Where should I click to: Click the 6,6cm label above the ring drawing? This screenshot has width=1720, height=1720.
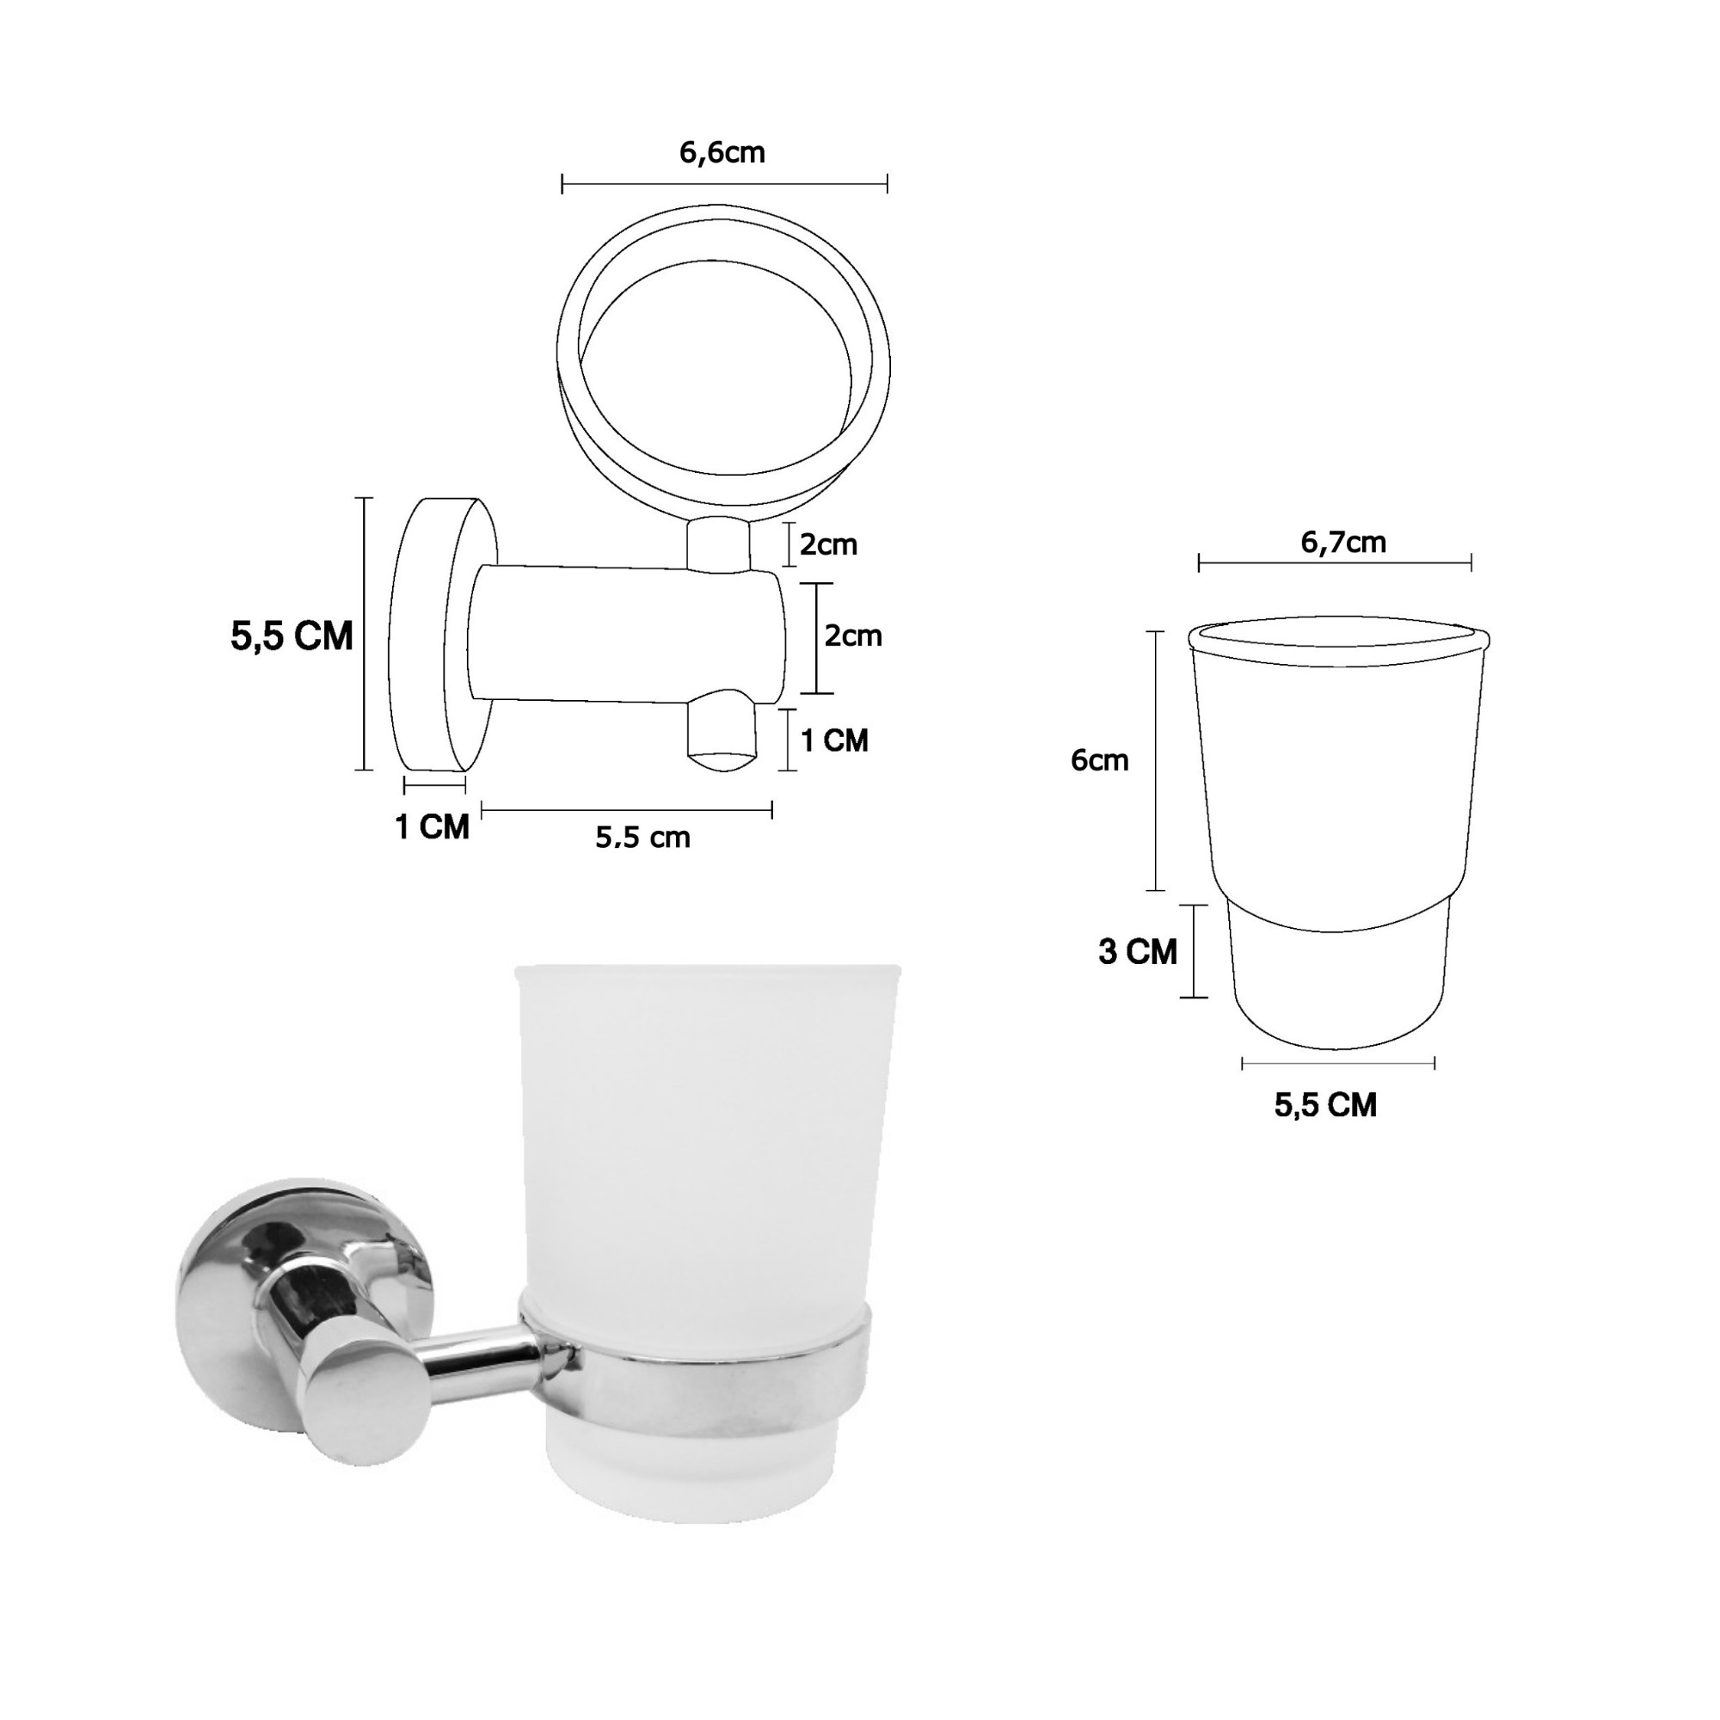[x=722, y=153]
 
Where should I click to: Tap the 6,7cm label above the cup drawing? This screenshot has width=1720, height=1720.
[x=1343, y=542]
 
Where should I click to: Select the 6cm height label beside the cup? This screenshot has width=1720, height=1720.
[x=1099, y=760]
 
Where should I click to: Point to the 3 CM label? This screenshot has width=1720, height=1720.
[x=1138, y=952]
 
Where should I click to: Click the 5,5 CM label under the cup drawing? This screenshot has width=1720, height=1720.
[x=1325, y=1105]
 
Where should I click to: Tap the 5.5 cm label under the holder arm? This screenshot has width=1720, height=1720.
[x=642, y=837]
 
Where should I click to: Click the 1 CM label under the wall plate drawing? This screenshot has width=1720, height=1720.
[x=432, y=827]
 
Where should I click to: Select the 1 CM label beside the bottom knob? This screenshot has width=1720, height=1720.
[x=834, y=740]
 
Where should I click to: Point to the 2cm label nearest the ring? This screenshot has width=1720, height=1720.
[x=828, y=544]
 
